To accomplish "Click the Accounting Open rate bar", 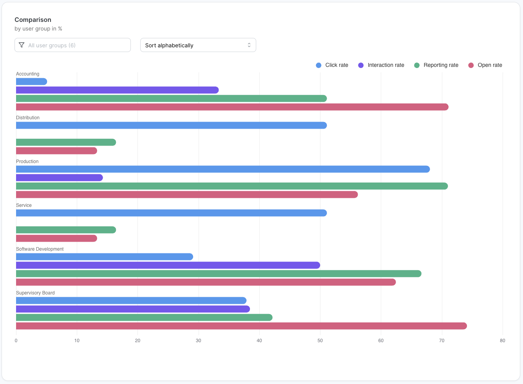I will [x=232, y=107].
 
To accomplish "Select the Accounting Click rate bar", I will [x=31, y=82].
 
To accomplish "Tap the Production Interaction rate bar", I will [x=59, y=178].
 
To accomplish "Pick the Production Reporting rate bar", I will [x=232, y=186].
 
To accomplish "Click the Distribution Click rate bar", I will [x=171, y=126].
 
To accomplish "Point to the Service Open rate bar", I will [x=56, y=239].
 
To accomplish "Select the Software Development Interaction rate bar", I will [x=168, y=266].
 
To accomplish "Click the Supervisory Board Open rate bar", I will [x=241, y=326].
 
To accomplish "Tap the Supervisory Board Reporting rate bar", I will [x=144, y=318].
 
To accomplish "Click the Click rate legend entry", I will [x=332, y=65].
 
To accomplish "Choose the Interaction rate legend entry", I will [x=381, y=65].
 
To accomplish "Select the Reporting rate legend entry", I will [x=436, y=65].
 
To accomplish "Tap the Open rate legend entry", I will [x=485, y=65].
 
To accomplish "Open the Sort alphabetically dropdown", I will [x=198, y=45].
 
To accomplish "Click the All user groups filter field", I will [x=72, y=45].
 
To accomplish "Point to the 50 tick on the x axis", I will [x=320, y=341].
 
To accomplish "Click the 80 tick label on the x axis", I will [x=502, y=341].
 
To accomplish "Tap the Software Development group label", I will [x=40, y=249].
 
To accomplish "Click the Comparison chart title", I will [x=33, y=20].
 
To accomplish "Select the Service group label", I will [x=24, y=205].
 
